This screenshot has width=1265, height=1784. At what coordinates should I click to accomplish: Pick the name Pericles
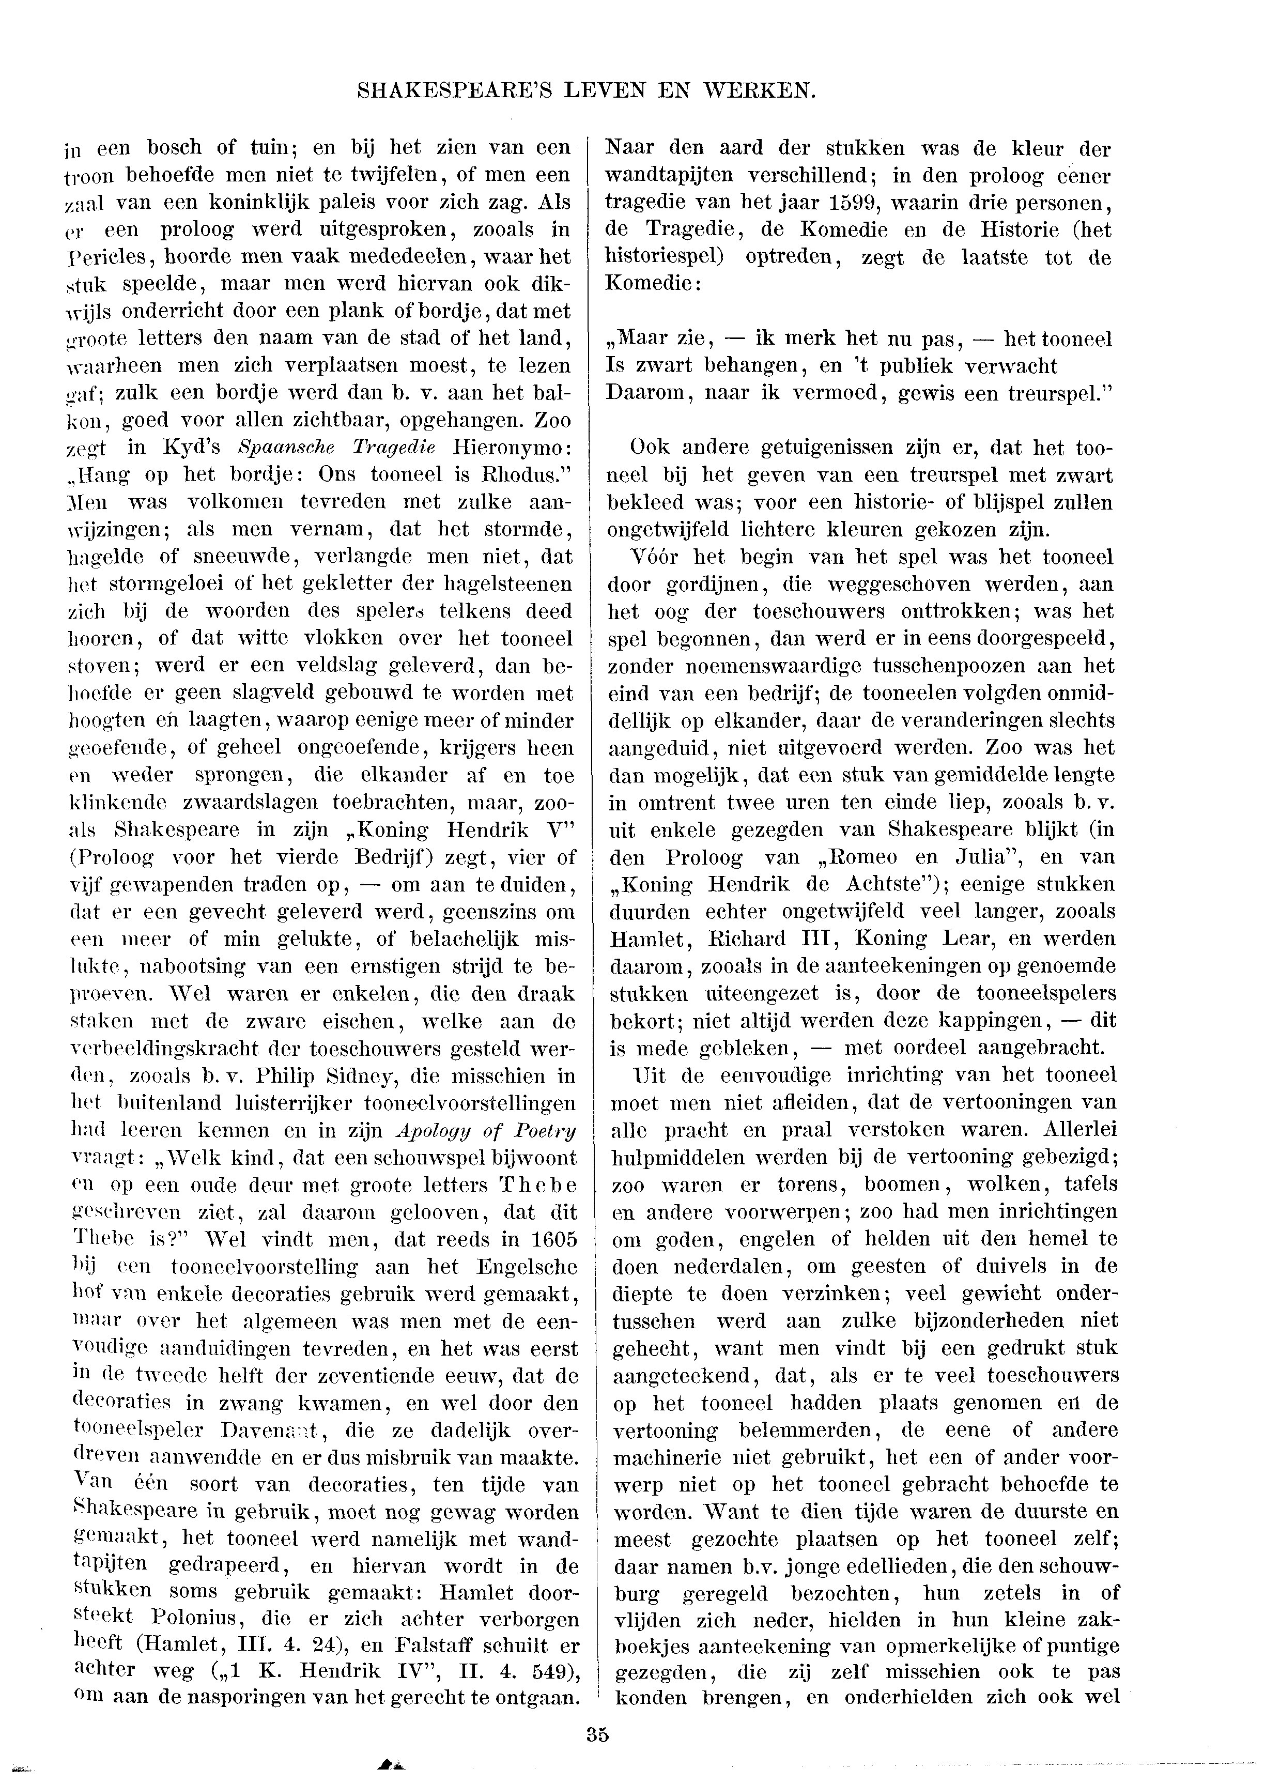(109, 257)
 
